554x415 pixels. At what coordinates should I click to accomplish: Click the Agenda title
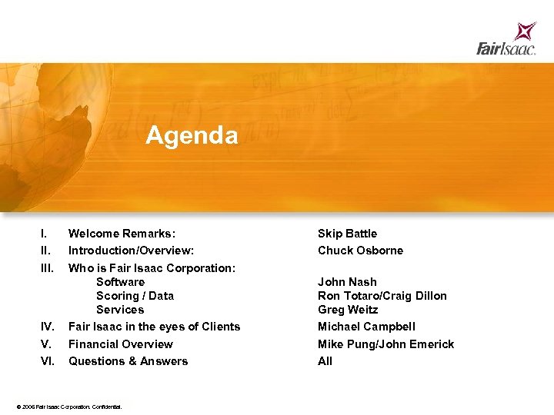click(x=192, y=136)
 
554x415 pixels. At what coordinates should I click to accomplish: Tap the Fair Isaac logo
click(x=506, y=40)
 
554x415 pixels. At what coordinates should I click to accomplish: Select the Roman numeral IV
click(x=47, y=327)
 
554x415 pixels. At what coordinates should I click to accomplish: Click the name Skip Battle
click(x=347, y=234)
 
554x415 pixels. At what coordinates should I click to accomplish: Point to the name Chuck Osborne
click(x=360, y=251)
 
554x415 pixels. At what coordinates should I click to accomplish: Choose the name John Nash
click(x=347, y=282)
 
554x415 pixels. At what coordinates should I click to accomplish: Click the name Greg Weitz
click(x=348, y=310)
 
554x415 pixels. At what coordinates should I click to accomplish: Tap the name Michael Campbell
click(x=366, y=327)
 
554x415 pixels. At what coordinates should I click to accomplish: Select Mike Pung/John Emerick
click(x=385, y=344)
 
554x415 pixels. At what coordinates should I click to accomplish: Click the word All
click(x=325, y=361)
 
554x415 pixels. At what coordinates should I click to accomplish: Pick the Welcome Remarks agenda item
click(x=122, y=234)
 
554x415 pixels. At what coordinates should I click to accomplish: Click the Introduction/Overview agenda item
click(x=131, y=251)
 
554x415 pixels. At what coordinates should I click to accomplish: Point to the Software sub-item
click(x=120, y=282)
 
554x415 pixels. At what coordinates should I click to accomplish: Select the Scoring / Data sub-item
click(x=135, y=296)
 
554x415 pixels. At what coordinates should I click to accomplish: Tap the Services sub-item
click(x=120, y=310)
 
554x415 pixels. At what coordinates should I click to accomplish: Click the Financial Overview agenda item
click(x=121, y=344)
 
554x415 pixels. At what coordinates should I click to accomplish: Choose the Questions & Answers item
click(x=128, y=361)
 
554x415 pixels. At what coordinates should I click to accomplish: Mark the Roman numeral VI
click(x=47, y=361)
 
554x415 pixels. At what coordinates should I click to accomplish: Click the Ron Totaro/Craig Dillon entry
click(x=382, y=296)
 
